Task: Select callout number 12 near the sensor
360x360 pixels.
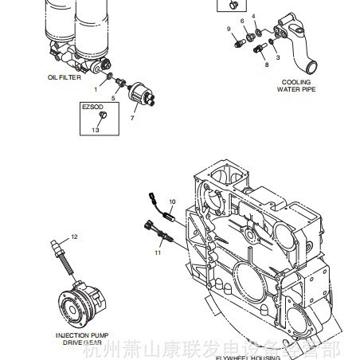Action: pos(75,237)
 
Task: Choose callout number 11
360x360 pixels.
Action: pos(158,252)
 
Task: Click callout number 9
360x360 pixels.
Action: pos(228,29)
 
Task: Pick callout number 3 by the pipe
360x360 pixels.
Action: pos(276,57)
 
